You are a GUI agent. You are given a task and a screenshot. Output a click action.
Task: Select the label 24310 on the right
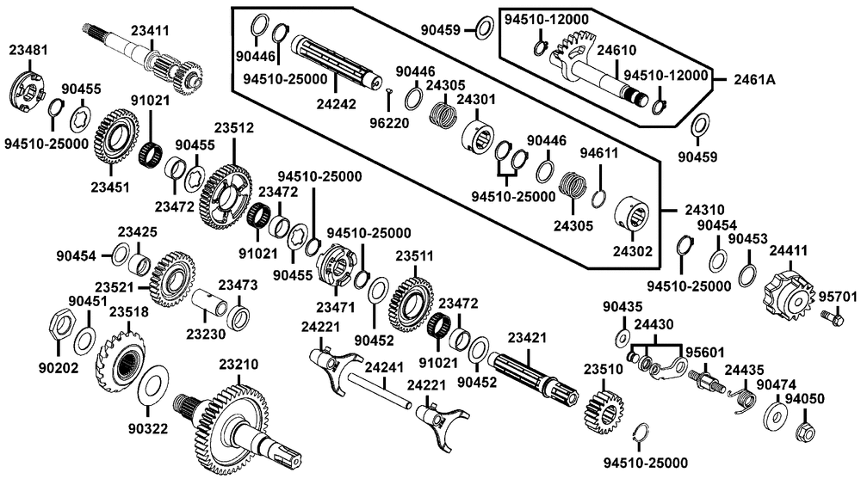coord(705,209)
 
